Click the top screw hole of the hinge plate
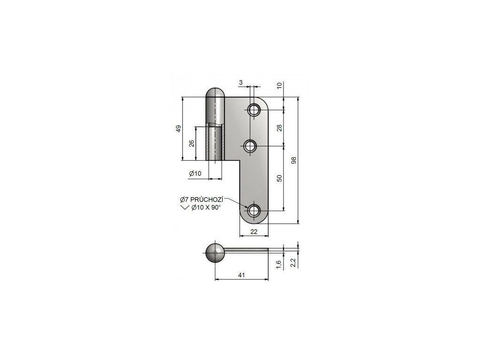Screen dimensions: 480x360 click(254, 110)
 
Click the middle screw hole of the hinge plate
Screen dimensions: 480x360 click(251, 147)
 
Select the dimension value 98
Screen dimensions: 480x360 click(294, 160)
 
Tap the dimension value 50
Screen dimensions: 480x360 click(279, 178)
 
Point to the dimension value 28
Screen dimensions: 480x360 click(279, 127)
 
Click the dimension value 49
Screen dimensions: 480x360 click(178, 128)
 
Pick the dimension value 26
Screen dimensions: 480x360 click(191, 143)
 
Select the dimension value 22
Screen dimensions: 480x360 click(254, 232)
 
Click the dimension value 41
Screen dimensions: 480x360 click(241, 275)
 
